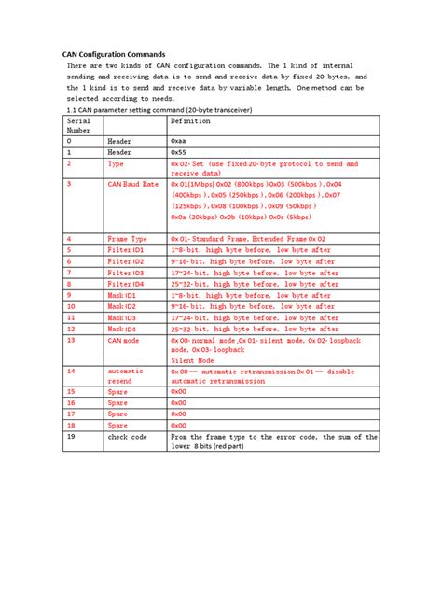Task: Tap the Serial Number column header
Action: coord(79,126)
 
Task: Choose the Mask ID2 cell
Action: coord(122,306)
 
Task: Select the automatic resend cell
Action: coord(128,375)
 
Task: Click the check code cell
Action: coord(130,436)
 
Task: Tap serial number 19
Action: coord(71,436)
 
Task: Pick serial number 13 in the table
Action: coord(71,340)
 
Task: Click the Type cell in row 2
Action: coord(117,162)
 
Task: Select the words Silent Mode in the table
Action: coord(192,359)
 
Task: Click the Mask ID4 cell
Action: coord(122,329)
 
